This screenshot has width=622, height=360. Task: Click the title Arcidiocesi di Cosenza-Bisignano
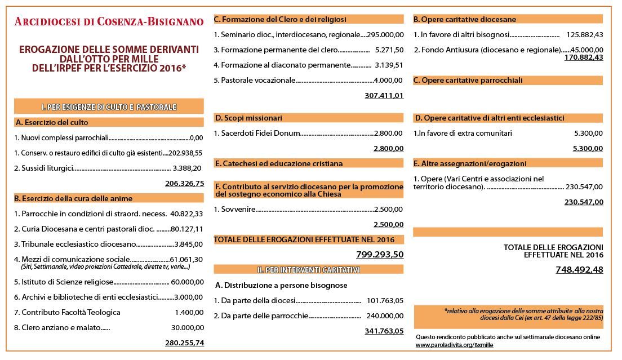coord(109,22)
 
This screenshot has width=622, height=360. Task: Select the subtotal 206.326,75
coord(184,184)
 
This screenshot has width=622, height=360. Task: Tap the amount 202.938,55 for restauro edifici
coord(186,153)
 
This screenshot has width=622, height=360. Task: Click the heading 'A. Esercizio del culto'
coord(52,122)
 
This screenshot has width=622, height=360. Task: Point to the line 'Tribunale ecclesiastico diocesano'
coord(75,245)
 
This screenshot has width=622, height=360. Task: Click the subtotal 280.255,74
coord(184,343)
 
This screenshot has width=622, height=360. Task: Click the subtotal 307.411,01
coord(384,96)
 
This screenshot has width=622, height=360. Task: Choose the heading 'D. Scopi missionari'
coord(248,118)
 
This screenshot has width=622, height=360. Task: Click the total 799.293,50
coord(380,255)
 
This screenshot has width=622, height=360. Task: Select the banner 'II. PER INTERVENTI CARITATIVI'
coord(308,270)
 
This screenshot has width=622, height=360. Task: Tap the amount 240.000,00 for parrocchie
coord(385,315)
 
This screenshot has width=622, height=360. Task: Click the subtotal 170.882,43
coord(584,57)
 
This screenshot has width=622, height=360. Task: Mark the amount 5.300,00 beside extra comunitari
coord(588,134)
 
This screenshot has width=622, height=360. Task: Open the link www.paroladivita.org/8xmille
coord(455,345)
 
